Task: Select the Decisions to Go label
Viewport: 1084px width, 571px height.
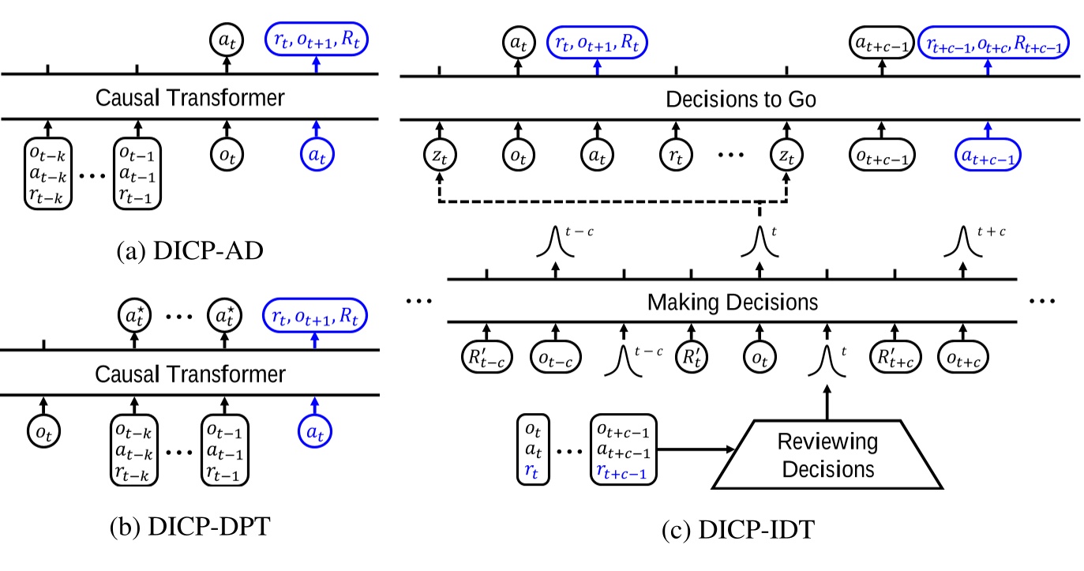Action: click(739, 100)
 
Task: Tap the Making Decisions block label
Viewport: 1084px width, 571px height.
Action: click(731, 302)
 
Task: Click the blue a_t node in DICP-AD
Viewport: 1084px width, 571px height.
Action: click(314, 157)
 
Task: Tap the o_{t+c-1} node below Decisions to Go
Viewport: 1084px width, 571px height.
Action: click(882, 157)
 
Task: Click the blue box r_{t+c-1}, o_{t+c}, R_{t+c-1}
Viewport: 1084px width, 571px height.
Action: click(996, 47)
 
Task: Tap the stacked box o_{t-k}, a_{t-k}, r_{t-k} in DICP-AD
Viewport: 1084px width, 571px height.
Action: click(48, 173)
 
